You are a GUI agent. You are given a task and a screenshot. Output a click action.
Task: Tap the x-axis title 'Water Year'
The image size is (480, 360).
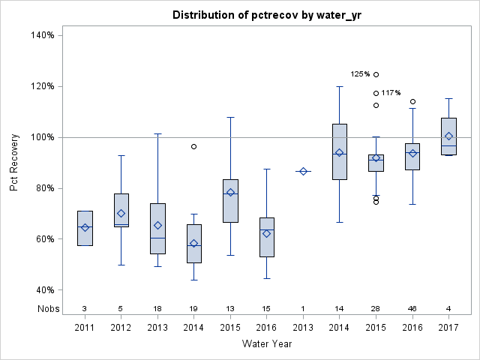(x=267, y=343)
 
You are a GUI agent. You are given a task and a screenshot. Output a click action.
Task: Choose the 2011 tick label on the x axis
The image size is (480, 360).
(x=85, y=326)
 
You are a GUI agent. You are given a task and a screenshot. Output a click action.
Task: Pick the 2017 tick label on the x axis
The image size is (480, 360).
(x=448, y=326)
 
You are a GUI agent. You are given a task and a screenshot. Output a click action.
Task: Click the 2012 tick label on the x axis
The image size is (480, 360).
(x=121, y=326)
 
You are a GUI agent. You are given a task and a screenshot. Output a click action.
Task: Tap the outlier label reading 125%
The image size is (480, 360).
(x=361, y=74)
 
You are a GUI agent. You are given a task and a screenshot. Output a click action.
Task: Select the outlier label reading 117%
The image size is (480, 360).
(x=391, y=93)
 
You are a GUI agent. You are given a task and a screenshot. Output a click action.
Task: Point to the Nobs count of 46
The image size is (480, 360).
(x=412, y=308)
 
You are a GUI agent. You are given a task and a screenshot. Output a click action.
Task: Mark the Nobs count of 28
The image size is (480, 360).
(x=376, y=308)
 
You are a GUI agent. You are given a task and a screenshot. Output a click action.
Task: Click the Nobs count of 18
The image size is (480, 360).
(x=157, y=308)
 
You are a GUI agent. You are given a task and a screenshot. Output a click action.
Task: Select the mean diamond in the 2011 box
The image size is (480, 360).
(x=85, y=227)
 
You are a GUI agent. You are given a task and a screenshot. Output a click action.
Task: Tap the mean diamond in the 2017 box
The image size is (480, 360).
(x=448, y=136)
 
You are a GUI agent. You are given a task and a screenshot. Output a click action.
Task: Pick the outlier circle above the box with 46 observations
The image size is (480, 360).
(x=412, y=101)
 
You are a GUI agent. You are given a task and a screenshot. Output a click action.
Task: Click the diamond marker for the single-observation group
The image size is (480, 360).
(x=303, y=171)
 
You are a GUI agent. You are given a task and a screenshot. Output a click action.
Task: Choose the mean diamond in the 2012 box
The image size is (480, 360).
(x=121, y=213)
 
